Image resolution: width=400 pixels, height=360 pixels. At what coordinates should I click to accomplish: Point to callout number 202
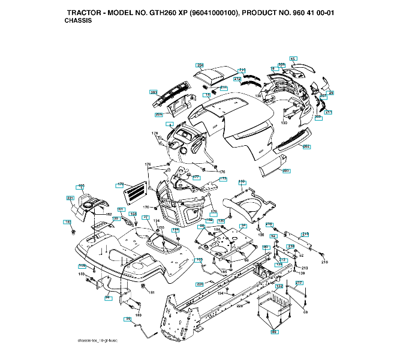click(306, 146)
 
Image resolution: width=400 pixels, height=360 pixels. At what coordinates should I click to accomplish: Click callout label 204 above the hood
click(200, 64)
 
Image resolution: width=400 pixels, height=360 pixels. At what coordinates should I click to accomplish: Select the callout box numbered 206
click(159, 114)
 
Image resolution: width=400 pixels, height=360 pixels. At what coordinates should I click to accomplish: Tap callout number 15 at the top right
click(293, 58)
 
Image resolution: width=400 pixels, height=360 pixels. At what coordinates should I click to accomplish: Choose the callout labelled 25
click(330, 92)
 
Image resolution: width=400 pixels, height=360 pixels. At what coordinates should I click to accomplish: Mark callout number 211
click(328, 112)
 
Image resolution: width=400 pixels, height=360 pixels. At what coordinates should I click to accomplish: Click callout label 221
click(70, 198)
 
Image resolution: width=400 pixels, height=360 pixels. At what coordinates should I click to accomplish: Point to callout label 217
click(299, 283)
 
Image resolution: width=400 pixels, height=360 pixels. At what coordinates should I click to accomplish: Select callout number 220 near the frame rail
click(200, 283)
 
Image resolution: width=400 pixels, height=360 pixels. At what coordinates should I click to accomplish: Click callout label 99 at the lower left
click(128, 319)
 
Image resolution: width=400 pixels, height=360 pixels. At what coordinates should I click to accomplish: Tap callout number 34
click(243, 226)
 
